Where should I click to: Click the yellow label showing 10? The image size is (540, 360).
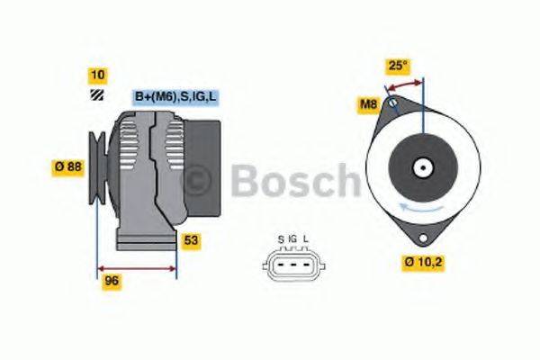tap(97, 75)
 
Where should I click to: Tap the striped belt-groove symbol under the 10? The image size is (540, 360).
tap(96, 96)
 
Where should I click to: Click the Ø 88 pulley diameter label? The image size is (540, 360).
tap(68, 166)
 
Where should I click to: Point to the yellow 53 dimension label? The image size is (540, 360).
tap(190, 240)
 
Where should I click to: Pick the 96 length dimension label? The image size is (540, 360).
tap(112, 280)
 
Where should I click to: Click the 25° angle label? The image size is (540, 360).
tap(398, 65)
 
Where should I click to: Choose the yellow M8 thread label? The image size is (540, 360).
tap(368, 105)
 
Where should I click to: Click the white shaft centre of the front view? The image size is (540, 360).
tap(420, 167)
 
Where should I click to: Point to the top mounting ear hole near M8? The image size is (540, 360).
tap(392, 105)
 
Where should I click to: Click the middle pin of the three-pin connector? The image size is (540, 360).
tap(292, 264)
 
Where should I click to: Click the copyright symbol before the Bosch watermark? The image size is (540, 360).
tap(198, 181)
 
